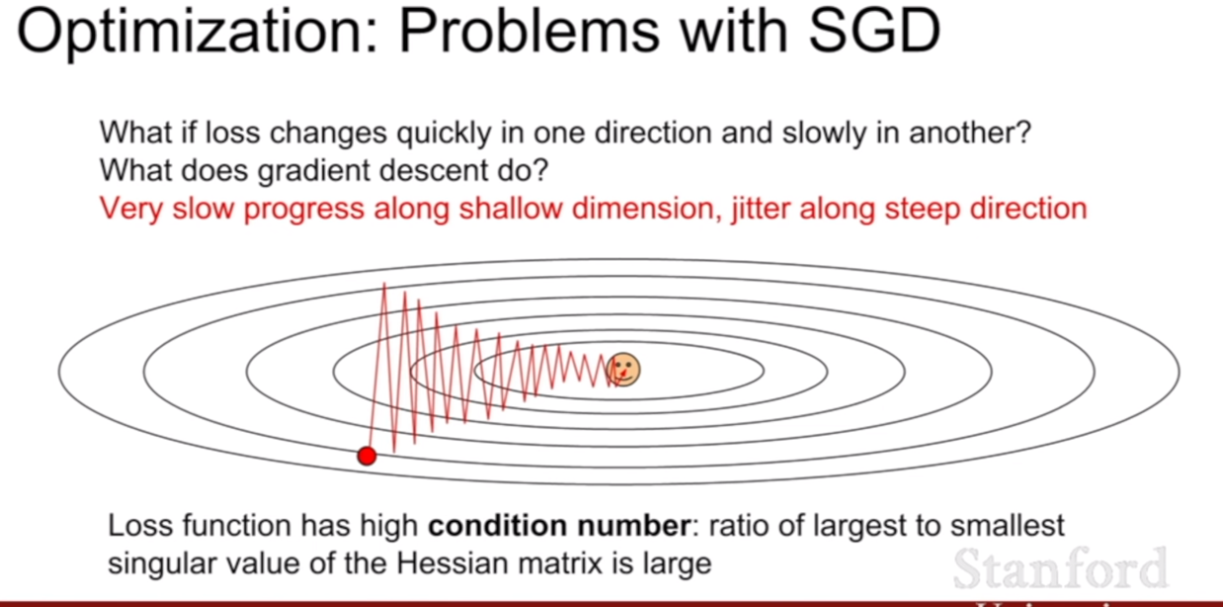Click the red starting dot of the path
click(x=367, y=455)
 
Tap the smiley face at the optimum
click(x=623, y=370)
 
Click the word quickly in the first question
click(x=444, y=133)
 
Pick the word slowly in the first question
click(x=824, y=133)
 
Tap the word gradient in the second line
click(x=314, y=171)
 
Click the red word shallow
click(x=511, y=209)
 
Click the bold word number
click(x=634, y=525)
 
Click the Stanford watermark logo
click(x=1060, y=568)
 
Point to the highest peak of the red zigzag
click(x=384, y=283)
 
